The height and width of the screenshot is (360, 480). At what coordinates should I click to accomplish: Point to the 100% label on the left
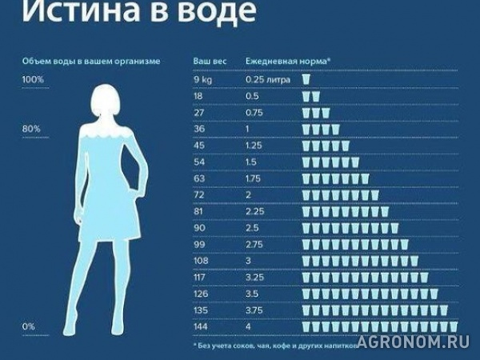click(x=34, y=79)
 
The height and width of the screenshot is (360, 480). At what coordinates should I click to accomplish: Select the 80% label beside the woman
click(x=31, y=129)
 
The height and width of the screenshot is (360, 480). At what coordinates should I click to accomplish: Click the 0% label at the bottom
click(x=29, y=326)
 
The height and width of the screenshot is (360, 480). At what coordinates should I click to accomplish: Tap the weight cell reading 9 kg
click(x=203, y=79)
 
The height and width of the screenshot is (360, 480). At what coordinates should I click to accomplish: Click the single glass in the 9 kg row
click(x=306, y=79)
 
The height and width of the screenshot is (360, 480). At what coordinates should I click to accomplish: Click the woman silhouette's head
click(x=106, y=104)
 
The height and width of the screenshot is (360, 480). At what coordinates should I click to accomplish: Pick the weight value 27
click(x=199, y=113)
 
